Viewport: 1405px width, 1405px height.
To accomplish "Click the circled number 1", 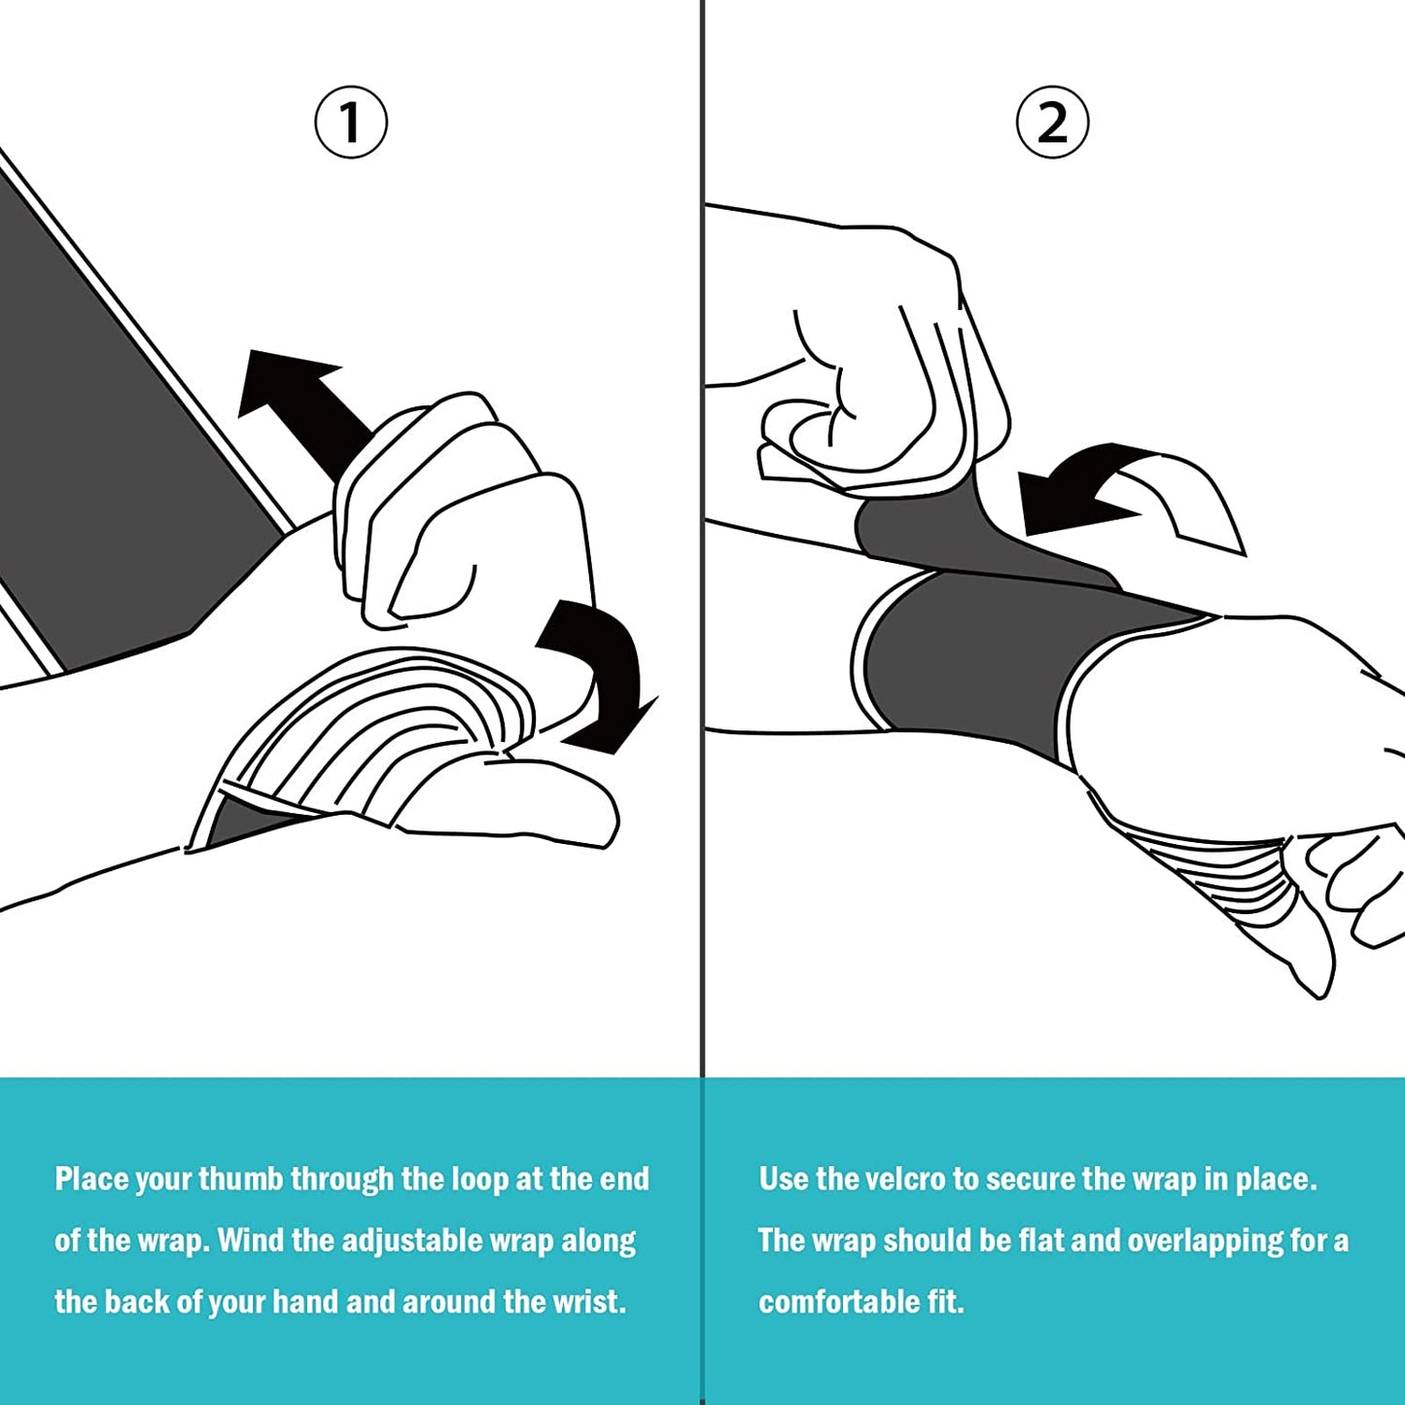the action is pos(351,123).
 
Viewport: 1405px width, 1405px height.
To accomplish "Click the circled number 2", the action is pos(1052,123).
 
